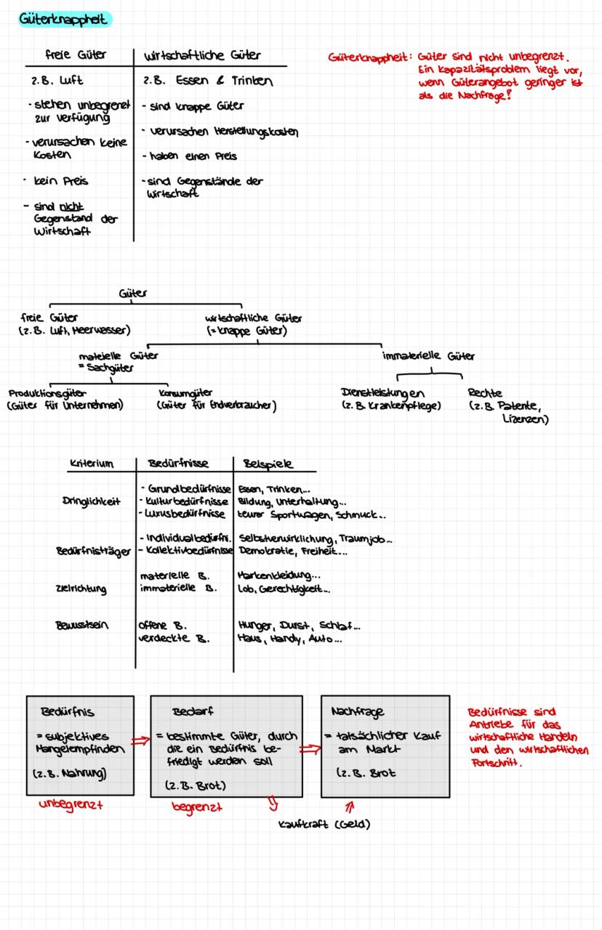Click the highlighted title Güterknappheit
[x=63, y=20]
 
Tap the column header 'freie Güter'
[x=76, y=54]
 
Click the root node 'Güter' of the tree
[x=132, y=294]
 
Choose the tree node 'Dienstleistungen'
[x=382, y=393]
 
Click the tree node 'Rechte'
[x=485, y=393]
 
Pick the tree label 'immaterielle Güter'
[x=428, y=356]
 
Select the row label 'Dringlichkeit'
[x=91, y=501]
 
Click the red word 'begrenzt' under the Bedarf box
[x=198, y=806]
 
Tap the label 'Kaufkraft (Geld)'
[x=324, y=824]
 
